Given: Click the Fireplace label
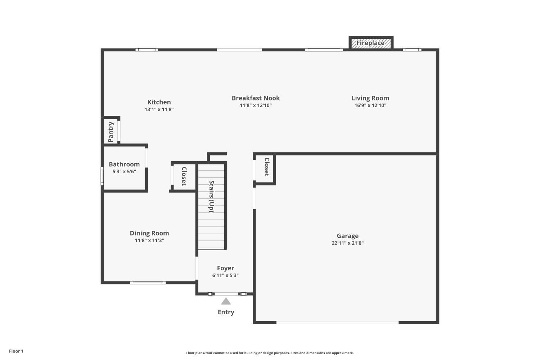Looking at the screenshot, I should coord(370,43).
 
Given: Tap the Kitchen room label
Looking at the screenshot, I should coord(159,102).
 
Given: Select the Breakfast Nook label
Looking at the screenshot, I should coord(256,98).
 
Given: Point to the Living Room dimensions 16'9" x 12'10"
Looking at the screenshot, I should coord(370,105).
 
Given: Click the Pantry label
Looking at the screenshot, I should coord(111,132).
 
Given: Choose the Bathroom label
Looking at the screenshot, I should coord(124,164).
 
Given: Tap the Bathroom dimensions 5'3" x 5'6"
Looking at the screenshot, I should coord(124,172).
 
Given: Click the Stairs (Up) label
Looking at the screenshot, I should coord(212,196).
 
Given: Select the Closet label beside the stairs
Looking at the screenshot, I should coord(184,176).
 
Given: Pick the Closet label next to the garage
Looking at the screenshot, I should coord(267,167).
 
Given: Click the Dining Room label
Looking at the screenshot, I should coord(149,233).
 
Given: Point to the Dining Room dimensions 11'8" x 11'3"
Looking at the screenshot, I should coord(149,240).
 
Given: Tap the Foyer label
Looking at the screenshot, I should coord(225,268).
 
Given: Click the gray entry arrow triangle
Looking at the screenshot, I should coord(226,301).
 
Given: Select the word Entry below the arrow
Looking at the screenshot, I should coord(226,312).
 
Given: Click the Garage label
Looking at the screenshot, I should coord(347,236).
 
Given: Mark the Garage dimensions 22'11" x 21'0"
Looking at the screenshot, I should coord(347,243).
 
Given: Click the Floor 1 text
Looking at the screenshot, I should coord(16,351).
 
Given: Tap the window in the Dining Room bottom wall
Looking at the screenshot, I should coord(148,283).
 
